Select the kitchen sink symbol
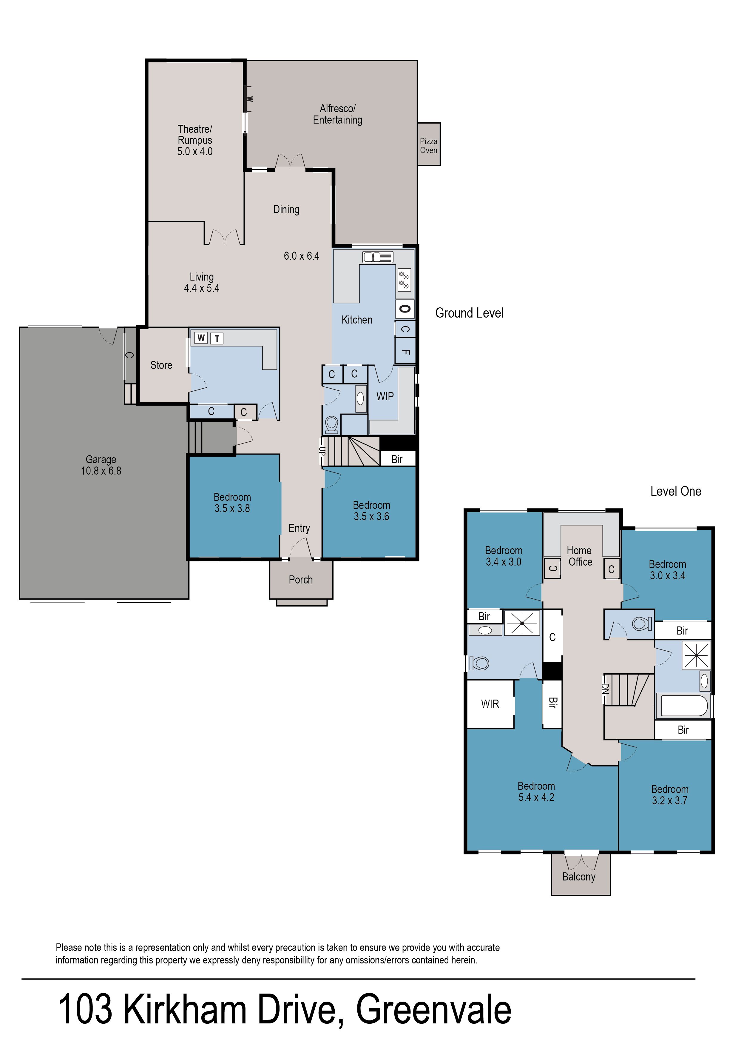pyautogui.click(x=378, y=257)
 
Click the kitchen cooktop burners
pyautogui.click(x=404, y=280)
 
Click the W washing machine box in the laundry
pyautogui.click(x=201, y=338)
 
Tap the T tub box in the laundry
pyautogui.click(x=217, y=338)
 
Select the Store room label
pyautogui.click(x=161, y=365)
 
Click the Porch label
pyautogui.click(x=301, y=580)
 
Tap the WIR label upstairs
pyautogui.click(x=490, y=704)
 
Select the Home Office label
pyautogui.click(x=580, y=556)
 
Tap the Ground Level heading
pyautogui.click(x=469, y=313)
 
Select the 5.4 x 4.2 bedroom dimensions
pyautogui.click(x=536, y=797)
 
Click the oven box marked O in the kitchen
pyautogui.click(x=404, y=309)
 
